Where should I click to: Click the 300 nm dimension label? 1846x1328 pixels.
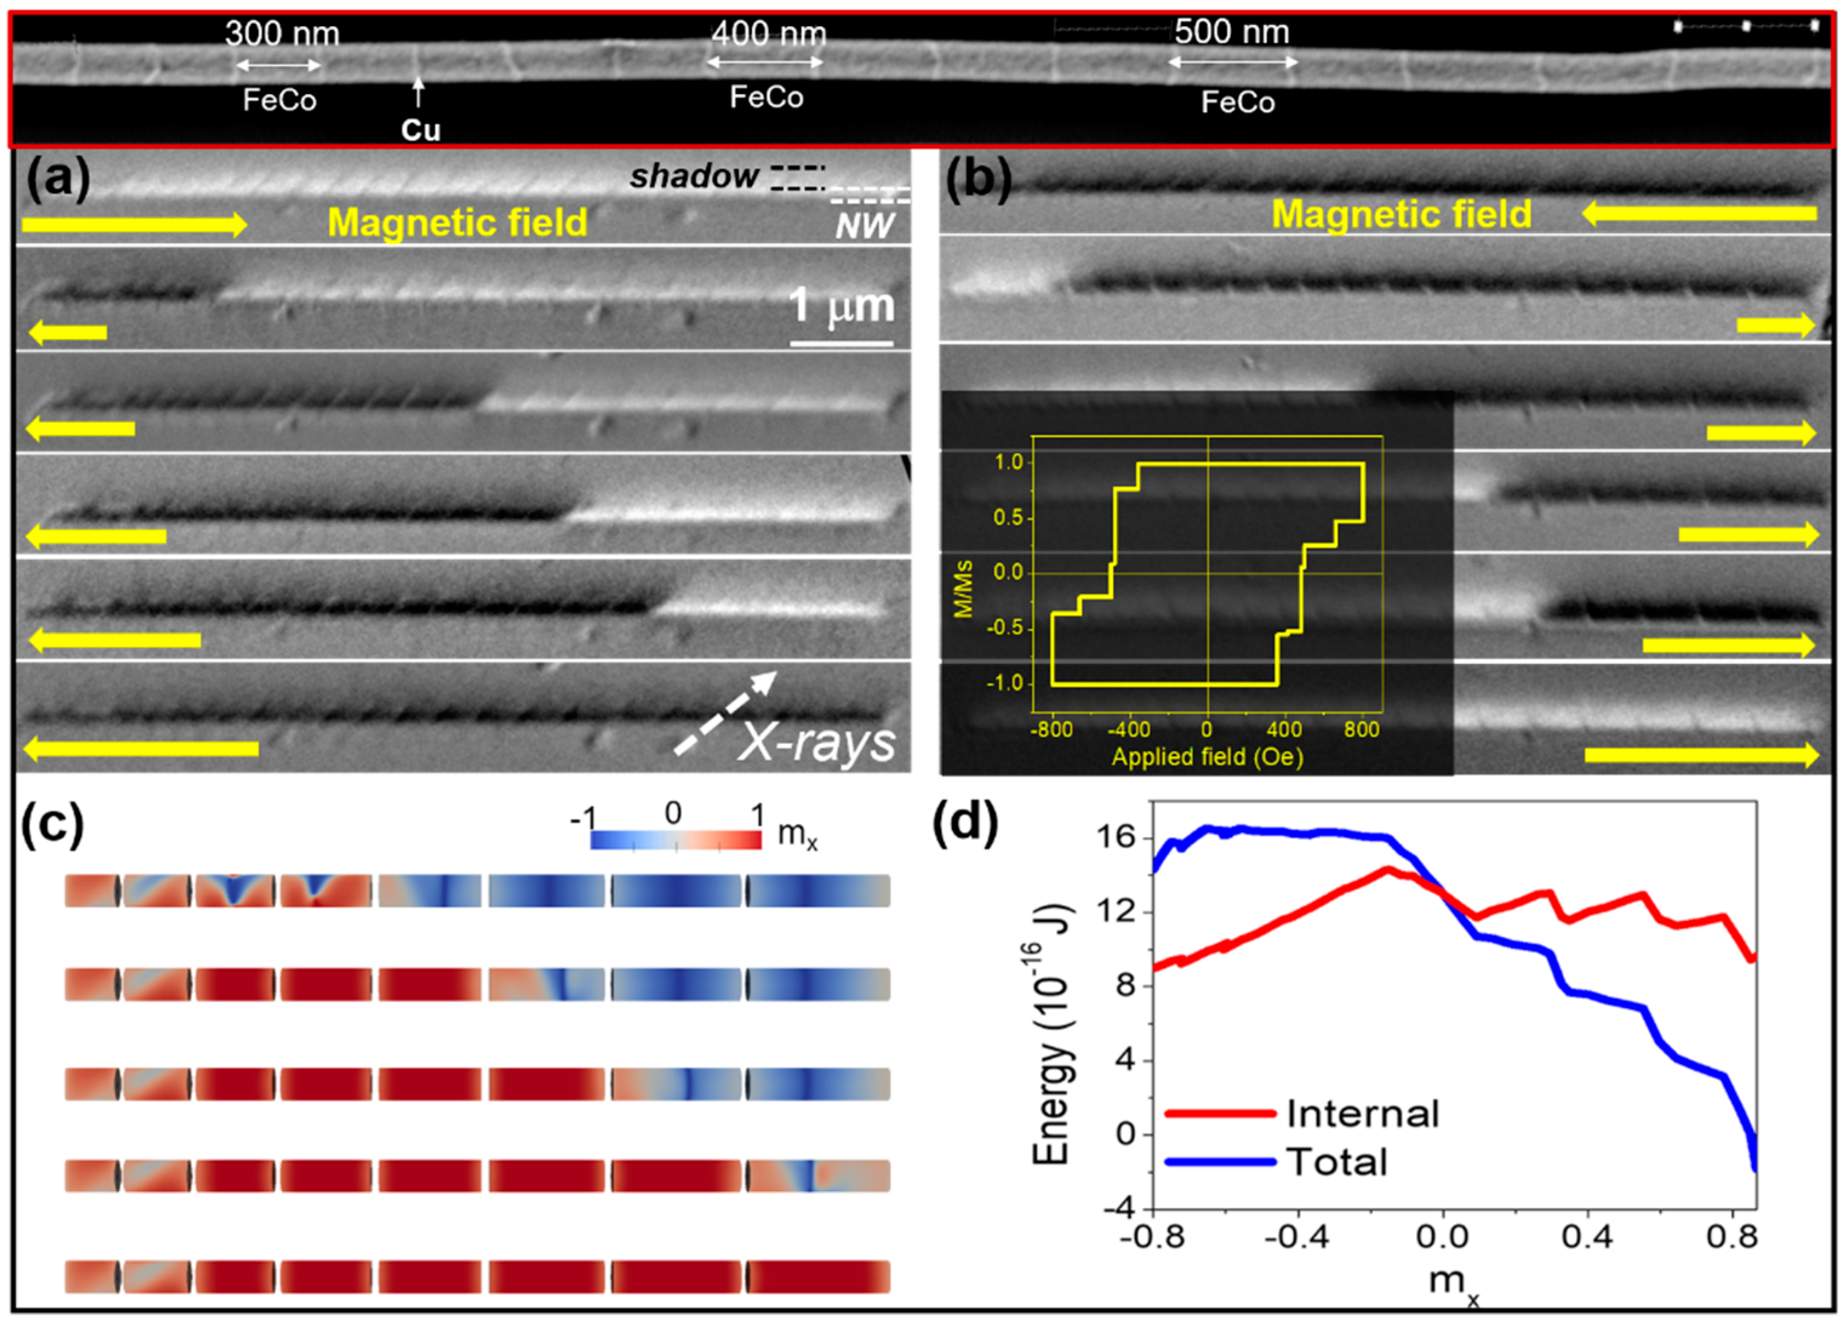pos(282,33)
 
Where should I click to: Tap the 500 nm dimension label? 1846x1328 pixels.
pos(1231,32)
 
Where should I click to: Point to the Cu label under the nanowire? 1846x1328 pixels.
pos(420,130)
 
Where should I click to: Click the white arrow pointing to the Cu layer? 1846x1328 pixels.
pos(418,93)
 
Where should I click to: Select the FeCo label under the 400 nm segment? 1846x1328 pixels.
pos(766,97)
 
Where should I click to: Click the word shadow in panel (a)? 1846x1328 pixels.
pos(693,176)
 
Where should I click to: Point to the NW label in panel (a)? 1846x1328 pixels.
pos(864,225)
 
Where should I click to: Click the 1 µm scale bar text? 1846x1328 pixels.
pos(842,305)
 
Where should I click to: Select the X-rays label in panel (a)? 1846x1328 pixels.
pos(816,742)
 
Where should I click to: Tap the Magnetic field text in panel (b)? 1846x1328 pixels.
pos(1402,214)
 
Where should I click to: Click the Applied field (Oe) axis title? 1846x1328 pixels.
pos(1207,756)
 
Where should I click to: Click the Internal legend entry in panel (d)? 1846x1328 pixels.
pos(1362,1113)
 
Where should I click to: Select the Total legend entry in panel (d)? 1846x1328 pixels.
pos(1336,1161)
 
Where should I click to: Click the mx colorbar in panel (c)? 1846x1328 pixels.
pos(676,839)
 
